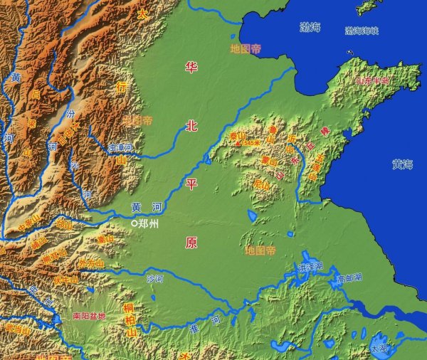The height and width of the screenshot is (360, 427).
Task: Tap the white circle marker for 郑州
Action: (x=134, y=223)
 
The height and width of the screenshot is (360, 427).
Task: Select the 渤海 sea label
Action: (x=310, y=28)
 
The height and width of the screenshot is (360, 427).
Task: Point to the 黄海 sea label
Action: (x=402, y=164)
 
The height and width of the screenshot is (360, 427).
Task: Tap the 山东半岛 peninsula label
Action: (x=372, y=81)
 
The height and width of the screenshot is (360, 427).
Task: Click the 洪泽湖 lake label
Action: (x=311, y=267)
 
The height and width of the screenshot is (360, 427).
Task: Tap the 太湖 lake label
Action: (x=379, y=349)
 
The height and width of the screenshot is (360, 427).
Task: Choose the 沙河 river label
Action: (x=154, y=277)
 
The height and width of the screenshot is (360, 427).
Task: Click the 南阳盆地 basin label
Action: (x=89, y=315)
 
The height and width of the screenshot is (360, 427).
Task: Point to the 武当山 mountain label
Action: (x=14, y=329)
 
